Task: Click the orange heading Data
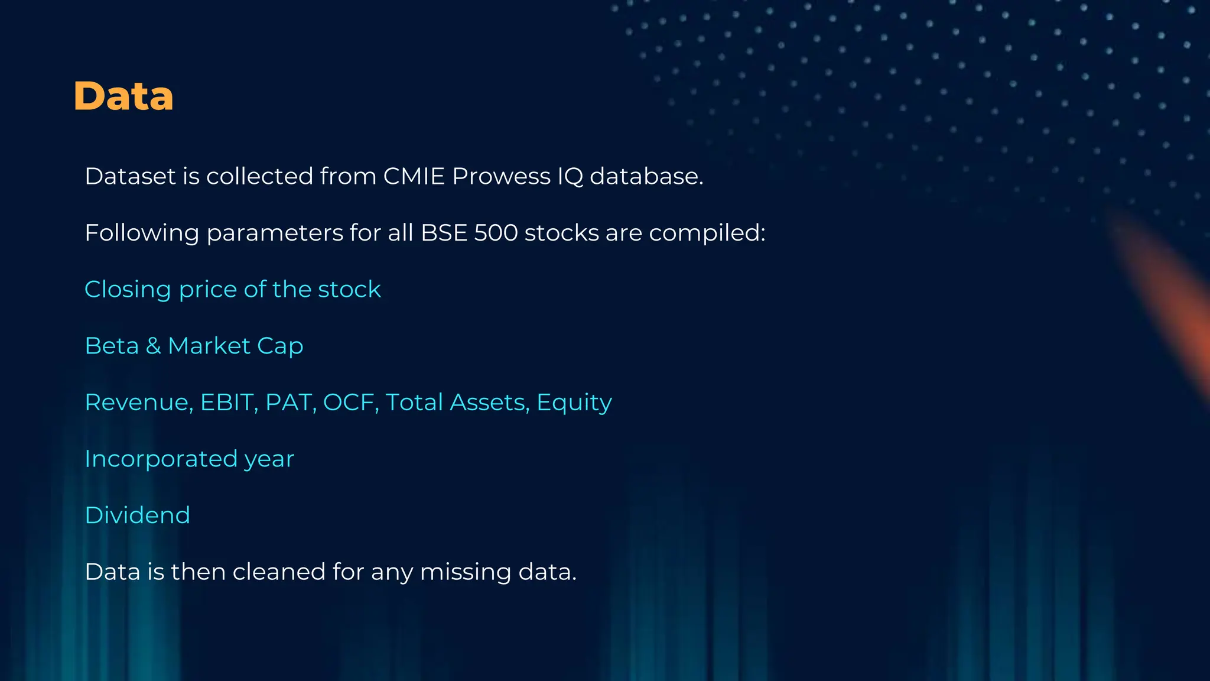click(123, 96)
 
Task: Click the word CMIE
click(414, 176)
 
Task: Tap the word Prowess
click(501, 176)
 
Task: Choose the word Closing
click(128, 290)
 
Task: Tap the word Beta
click(112, 346)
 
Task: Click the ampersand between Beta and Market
click(154, 346)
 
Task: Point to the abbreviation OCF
click(351, 403)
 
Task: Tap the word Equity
click(574, 403)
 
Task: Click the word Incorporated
click(161, 459)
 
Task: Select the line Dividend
click(137, 515)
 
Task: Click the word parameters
click(275, 232)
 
